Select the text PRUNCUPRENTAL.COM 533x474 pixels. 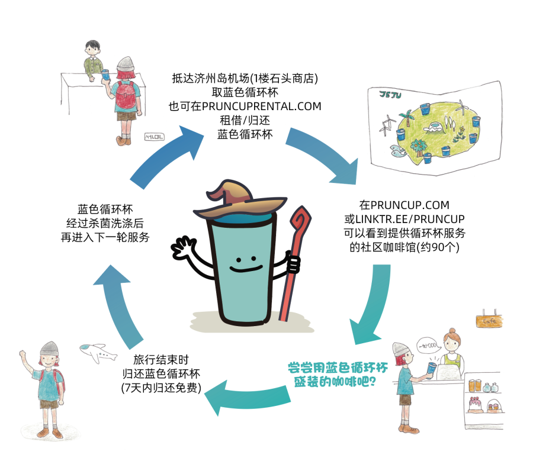coord(245,107)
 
